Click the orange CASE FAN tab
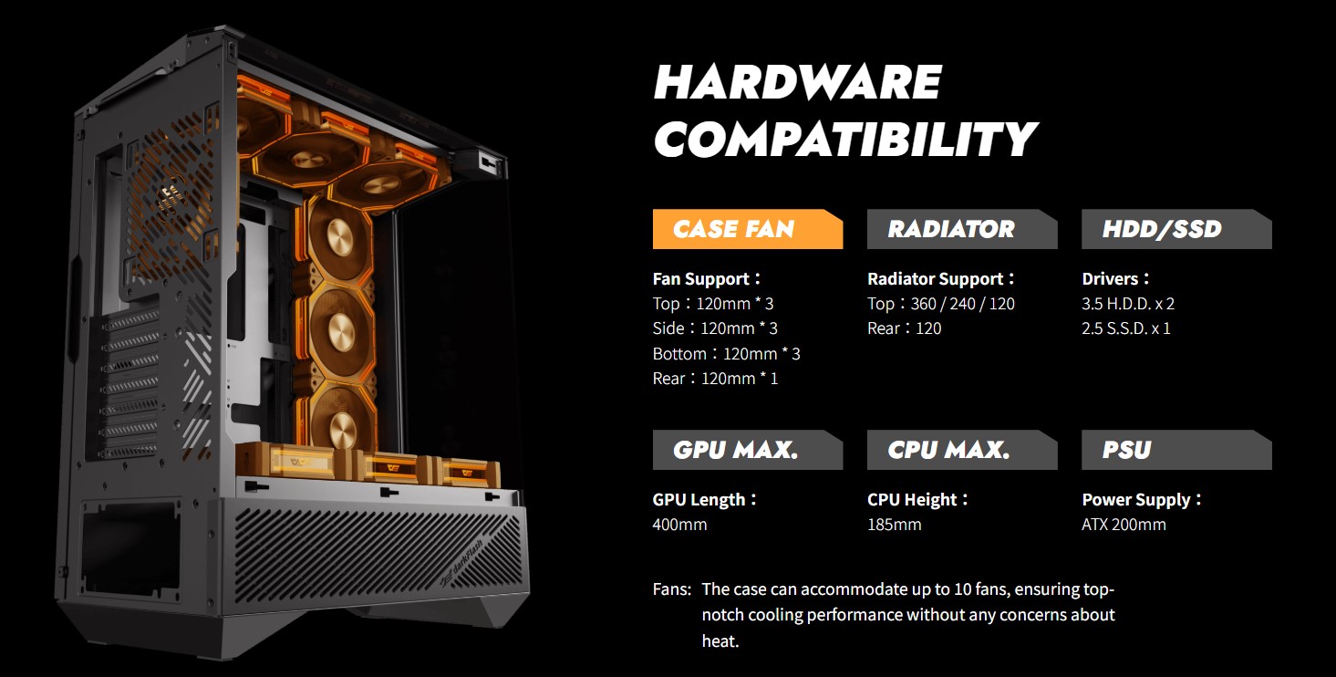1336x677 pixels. click(x=747, y=229)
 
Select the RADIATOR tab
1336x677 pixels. click(x=962, y=229)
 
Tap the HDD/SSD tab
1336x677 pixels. click(x=1176, y=229)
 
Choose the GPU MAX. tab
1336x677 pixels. click(x=747, y=450)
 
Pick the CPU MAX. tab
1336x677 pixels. click(x=962, y=450)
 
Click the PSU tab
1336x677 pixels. click(x=1176, y=450)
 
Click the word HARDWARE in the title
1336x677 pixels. click(x=798, y=82)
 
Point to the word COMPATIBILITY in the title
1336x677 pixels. click(x=845, y=139)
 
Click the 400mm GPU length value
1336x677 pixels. click(x=679, y=525)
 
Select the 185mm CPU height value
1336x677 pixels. click(x=894, y=525)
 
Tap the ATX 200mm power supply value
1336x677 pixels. click(x=1124, y=525)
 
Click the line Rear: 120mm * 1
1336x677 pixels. click(x=715, y=379)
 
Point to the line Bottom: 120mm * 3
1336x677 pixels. click(x=727, y=354)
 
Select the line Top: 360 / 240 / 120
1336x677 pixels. click(x=940, y=304)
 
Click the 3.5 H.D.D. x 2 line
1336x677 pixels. click(x=1128, y=304)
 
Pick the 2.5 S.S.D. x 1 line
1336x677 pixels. click(x=1126, y=328)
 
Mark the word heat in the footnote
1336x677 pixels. click(x=720, y=641)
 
